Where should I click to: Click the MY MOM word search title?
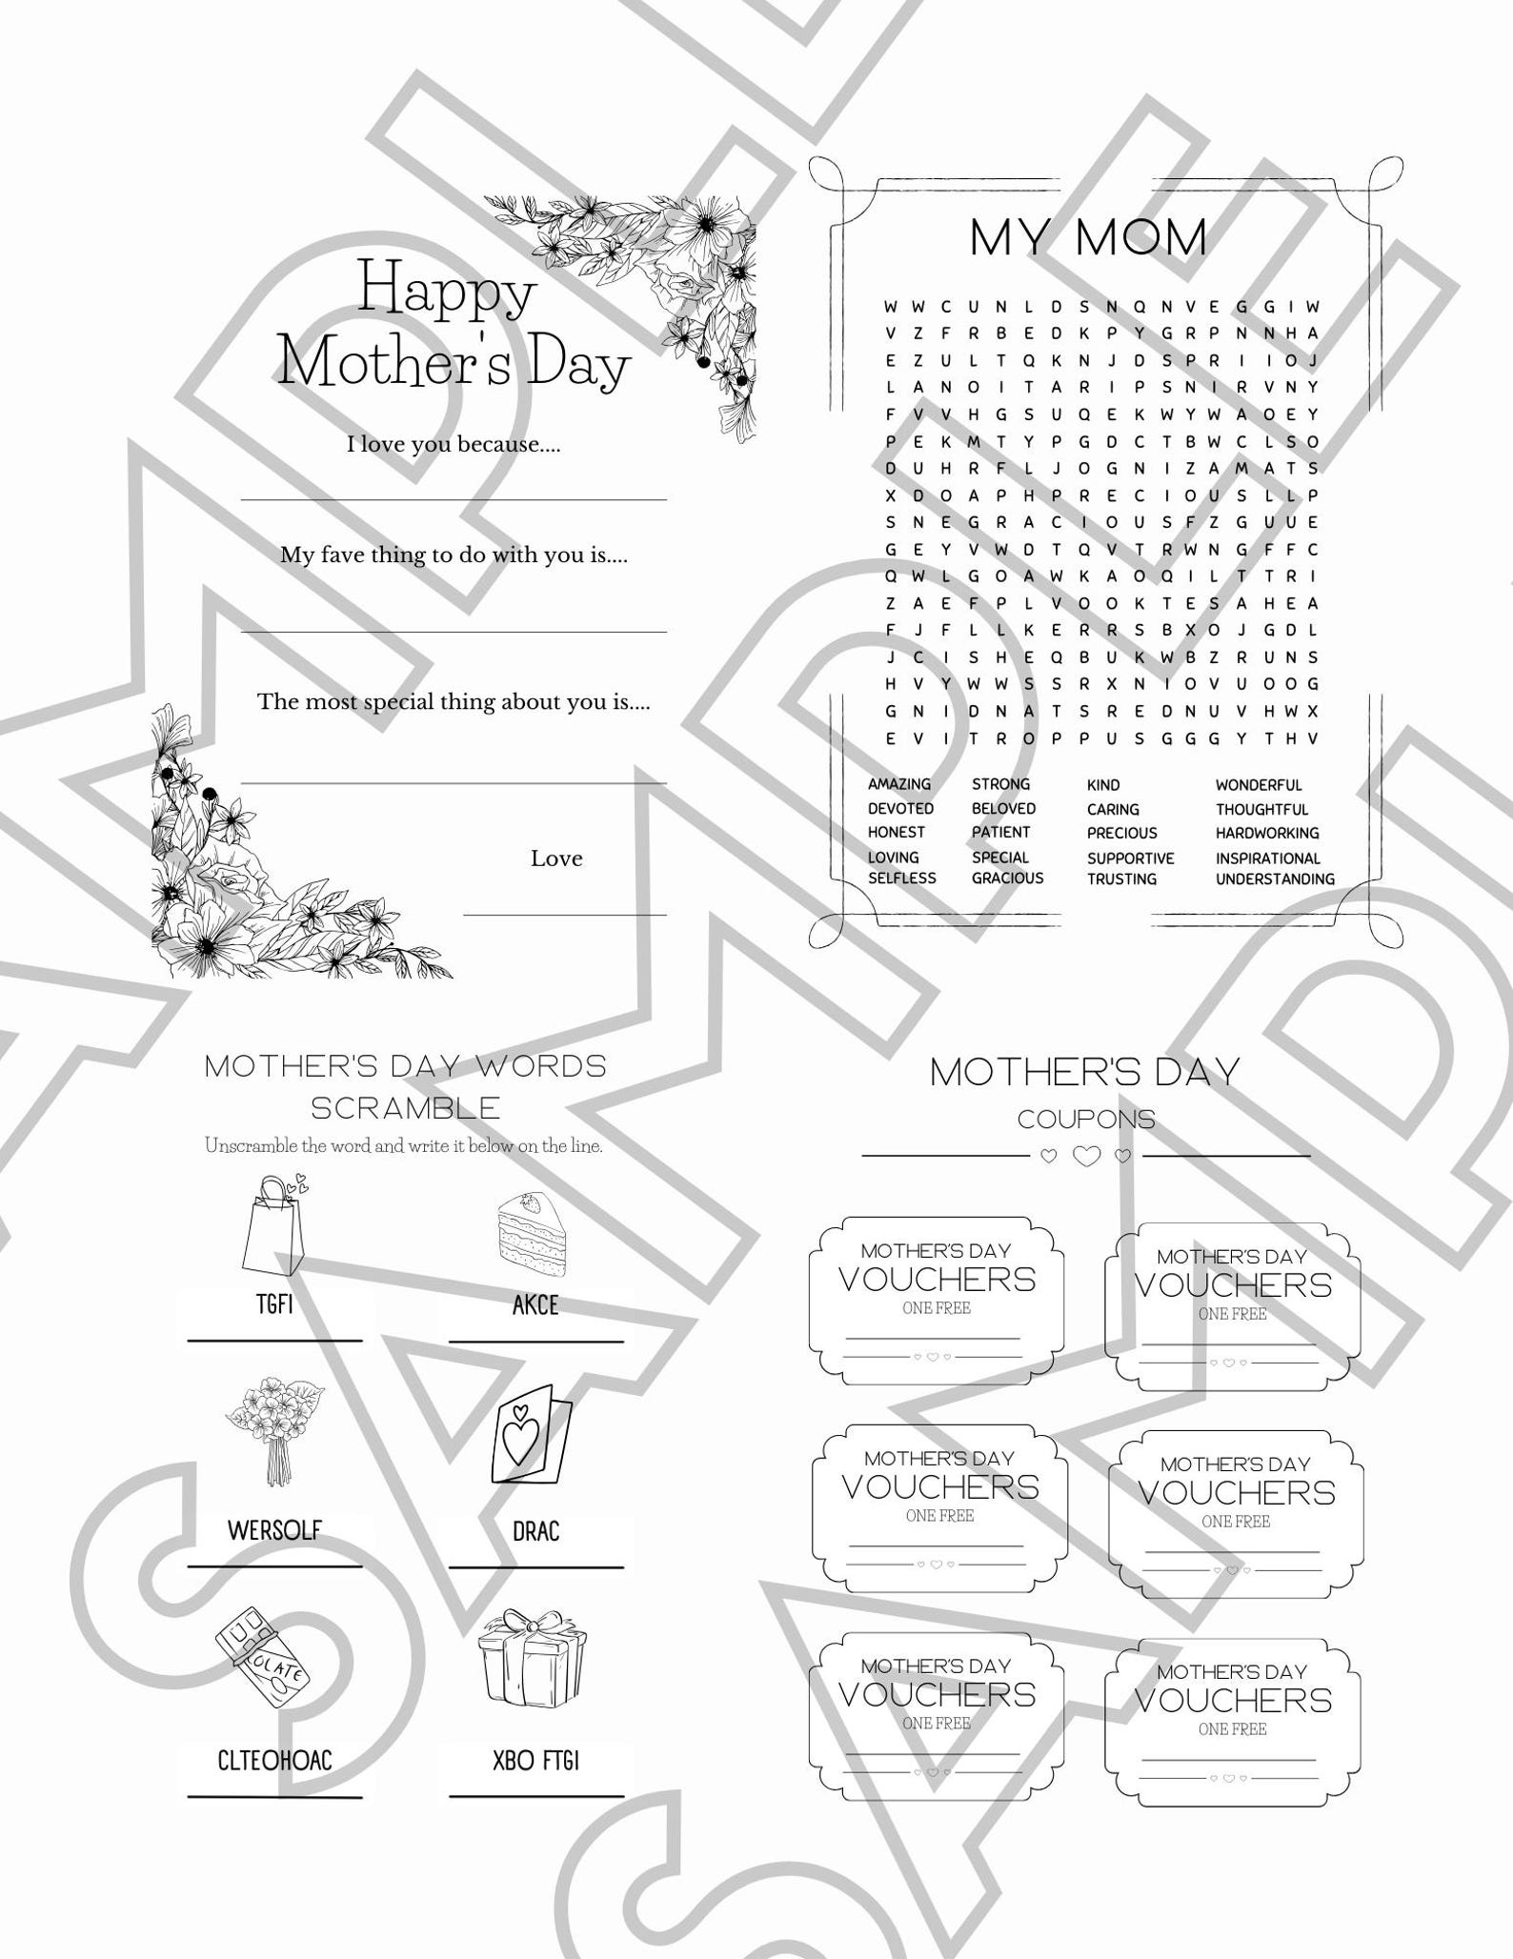click(1088, 237)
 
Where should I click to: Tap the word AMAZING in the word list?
click(898, 784)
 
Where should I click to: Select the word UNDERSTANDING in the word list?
click(1274, 879)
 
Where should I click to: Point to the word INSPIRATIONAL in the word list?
click(1267, 858)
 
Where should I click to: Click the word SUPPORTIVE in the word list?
click(1130, 858)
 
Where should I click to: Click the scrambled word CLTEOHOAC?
click(274, 1760)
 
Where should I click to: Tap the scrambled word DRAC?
click(535, 1532)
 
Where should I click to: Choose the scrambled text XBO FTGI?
click(535, 1760)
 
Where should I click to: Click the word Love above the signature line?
click(556, 858)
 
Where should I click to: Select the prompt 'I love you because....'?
click(453, 444)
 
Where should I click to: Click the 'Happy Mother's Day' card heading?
click(453, 326)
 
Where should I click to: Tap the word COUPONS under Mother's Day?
click(1086, 1120)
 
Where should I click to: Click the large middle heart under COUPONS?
click(1086, 1156)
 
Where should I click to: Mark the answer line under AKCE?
click(535, 1342)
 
